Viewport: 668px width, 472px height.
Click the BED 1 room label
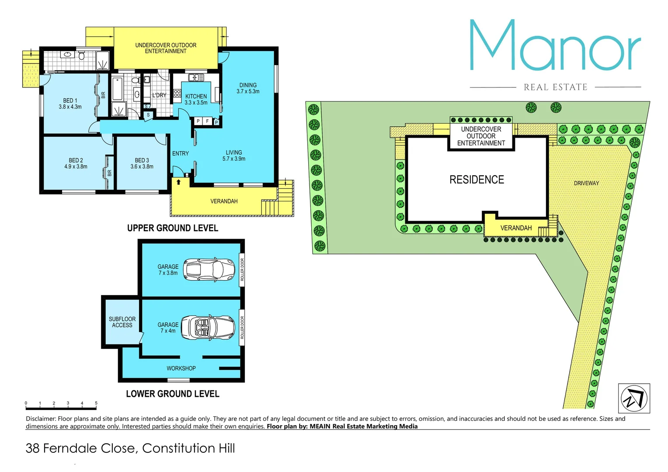point(70,101)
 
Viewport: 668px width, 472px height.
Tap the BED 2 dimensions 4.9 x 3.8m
point(76,167)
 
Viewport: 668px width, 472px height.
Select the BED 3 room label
point(142,160)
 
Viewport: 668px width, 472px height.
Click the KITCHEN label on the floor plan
point(196,97)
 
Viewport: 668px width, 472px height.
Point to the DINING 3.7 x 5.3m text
point(248,88)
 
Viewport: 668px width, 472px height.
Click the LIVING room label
point(234,153)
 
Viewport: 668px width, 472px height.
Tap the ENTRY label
point(181,153)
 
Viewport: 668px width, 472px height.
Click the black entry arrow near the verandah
point(178,182)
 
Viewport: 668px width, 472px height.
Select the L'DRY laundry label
point(159,95)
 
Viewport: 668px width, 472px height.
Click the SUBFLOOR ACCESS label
point(122,322)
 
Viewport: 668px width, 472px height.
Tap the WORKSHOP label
point(181,368)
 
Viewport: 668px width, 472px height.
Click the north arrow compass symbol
point(634,398)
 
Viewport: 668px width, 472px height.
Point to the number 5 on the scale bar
point(96,403)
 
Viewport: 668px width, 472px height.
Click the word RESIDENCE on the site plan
point(477,180)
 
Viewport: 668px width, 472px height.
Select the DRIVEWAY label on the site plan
point(586,183)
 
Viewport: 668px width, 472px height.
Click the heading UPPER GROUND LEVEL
point(173,228)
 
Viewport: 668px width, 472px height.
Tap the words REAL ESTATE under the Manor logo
point(555,87)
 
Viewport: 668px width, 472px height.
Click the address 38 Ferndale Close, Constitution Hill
point(130,448)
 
